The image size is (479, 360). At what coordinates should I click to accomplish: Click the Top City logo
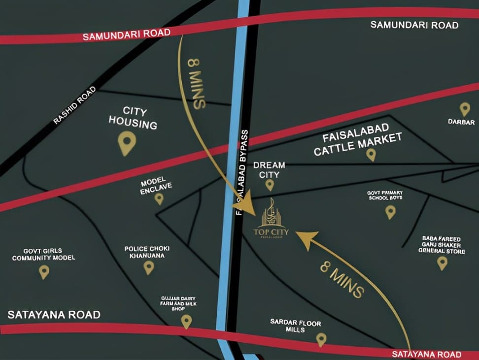[272, 220]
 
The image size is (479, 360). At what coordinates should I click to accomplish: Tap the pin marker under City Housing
[127, 143]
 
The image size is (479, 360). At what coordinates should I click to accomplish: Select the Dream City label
[269, 170]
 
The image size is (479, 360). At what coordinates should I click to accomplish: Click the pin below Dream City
[270, 185]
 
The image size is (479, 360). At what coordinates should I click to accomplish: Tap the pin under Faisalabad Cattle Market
[371, 155]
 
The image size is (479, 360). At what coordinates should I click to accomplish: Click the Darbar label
[461, 122]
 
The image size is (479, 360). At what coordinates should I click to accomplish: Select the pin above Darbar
[465, 109]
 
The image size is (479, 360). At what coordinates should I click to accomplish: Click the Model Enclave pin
[159, 198]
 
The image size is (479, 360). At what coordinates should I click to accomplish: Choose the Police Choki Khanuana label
[148, 252]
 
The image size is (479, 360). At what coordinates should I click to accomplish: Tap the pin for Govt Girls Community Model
[44, 271]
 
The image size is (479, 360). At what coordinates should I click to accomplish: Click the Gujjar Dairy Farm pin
[186, 321]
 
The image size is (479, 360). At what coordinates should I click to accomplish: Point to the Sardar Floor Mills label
[296, 326]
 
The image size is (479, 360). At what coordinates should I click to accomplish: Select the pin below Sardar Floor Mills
[321, 339]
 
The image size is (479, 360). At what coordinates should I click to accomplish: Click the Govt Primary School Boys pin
[390, 212]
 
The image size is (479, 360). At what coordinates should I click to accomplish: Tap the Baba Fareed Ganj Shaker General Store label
[442, 245]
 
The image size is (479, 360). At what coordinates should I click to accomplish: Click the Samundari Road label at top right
[414, 25]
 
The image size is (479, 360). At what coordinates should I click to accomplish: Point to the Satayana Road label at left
[54, 315]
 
